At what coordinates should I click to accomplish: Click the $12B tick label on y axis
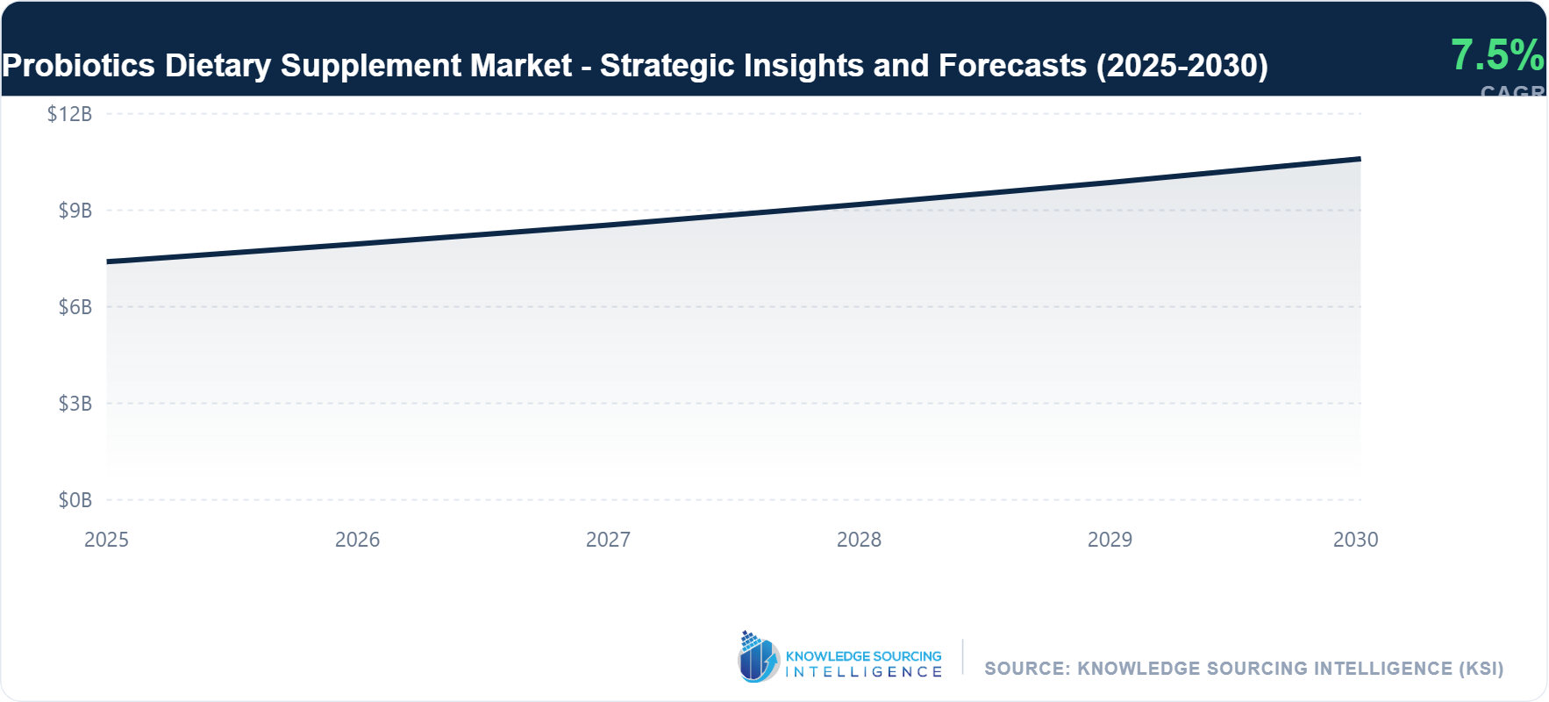pyautogui.click(x=69, y=114)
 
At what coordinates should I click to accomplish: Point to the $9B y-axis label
pyautogui.click(x=75, y=211)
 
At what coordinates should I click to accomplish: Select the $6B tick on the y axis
pyautogui.click(x=75, y=307)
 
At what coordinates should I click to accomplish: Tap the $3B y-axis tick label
pyautogui.click(x=75, y=404)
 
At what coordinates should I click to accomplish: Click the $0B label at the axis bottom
pyautogui.click(x=75, y=500)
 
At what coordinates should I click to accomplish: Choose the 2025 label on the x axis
pyautogui.click(x=106, y=540)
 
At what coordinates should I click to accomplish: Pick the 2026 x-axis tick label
pyautogui.click(x=357, y=540)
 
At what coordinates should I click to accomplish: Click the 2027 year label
pyautogui.click(x=608, y=540)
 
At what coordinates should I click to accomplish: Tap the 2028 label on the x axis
pyautogui.click(x=859, y=540)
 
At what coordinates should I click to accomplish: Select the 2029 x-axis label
pyautogui.click(x=1110, y=540)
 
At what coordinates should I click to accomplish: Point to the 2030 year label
pyautogui.click(x=1355, y=540)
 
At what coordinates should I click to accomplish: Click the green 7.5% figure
pyautogui.click(x=1496, y=55)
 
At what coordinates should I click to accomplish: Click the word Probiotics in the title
pyautogui.click(x=79, y=66)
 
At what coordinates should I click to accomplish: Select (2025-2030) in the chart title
pyautogui.click(x=1181, y=66)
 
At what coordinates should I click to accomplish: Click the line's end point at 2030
pyautogui.click(x=1360, y=159)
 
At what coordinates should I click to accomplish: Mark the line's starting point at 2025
pyautogui.click(x=107, y=261)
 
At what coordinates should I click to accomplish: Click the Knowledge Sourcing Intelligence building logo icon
pyautogui.click(x=758, y=657)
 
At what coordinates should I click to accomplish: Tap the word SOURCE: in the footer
pyautogui.click(x=1027, y=669)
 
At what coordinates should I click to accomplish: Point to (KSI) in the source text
pyautogui.click(x=1481, y=669)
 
